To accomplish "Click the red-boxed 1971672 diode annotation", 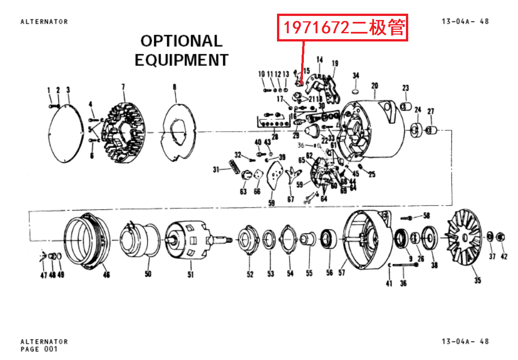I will pos(342,28).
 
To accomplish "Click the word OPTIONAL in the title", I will pos(181,41).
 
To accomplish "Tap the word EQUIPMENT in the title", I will pos(181,60).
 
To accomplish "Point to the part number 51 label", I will pos(190,274).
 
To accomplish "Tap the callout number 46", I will pos(106,275).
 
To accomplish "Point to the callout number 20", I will pos(374,85).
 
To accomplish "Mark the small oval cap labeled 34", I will pos(356,87).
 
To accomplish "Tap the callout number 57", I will pos(342,273).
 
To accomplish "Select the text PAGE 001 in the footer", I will pos(39,350).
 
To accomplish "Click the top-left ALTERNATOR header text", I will pos(44,21).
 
